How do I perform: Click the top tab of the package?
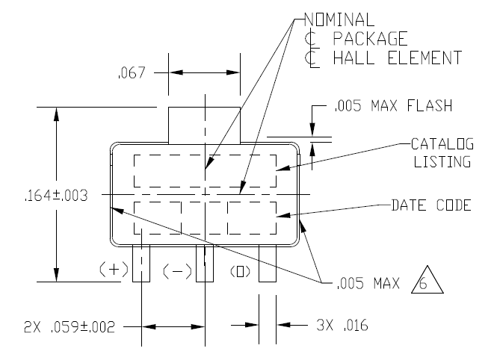(204, 123)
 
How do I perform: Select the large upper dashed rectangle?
(204, 171)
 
